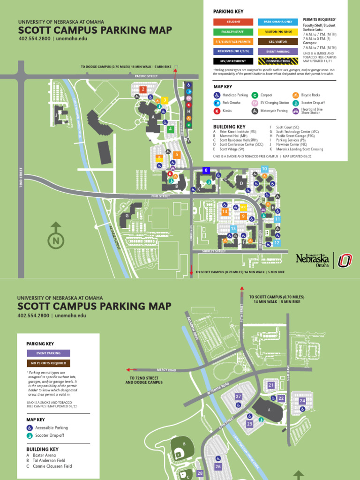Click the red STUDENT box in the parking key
233,22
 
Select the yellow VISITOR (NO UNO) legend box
277,32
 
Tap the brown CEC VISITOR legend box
277,42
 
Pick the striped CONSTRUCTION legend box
277,61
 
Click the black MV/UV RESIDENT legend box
233,61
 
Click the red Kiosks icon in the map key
217,111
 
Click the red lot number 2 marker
143,89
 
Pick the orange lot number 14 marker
225,212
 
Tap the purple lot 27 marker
239,397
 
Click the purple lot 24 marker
302,401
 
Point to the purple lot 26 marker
218,466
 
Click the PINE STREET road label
160,196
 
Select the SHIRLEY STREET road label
214,251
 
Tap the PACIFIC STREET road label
146,76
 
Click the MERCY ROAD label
166,370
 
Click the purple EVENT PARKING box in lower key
48,353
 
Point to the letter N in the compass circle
56,241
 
